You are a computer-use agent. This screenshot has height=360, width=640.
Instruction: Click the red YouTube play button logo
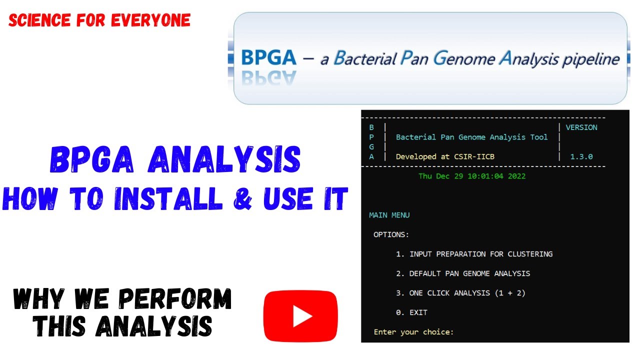[x=300, y=316]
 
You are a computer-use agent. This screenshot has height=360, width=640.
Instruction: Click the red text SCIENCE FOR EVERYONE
[x=99, y=20]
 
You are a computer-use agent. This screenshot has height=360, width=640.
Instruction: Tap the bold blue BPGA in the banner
[x=268, y=58]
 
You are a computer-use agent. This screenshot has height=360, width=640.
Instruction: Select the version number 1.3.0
[x=581, y=156]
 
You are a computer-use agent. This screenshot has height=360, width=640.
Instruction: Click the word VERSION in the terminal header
[x=581, y=127]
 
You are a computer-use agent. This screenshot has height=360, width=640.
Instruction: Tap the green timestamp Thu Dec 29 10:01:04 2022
[x=471, y=176]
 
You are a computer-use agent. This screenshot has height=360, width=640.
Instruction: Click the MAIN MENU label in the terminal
[x=389, y=215]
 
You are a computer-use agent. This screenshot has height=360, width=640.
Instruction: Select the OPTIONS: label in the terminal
[x=391, y=234]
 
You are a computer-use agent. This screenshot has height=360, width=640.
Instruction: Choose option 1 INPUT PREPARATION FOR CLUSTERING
[x=474, y=254]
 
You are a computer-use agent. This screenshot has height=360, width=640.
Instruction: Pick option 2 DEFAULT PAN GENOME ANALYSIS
[x=462, y=273]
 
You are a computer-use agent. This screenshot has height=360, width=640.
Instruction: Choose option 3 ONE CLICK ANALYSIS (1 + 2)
[x=460, y=293]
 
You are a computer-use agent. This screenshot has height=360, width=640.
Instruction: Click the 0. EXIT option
[x=411, y=312]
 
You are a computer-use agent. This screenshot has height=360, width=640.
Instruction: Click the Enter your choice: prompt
[x=413, y=332]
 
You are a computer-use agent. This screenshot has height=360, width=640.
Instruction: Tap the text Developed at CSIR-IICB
[x=445, y=156]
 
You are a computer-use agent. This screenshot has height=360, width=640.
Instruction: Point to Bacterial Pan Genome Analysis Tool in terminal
[x=471, y=137]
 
